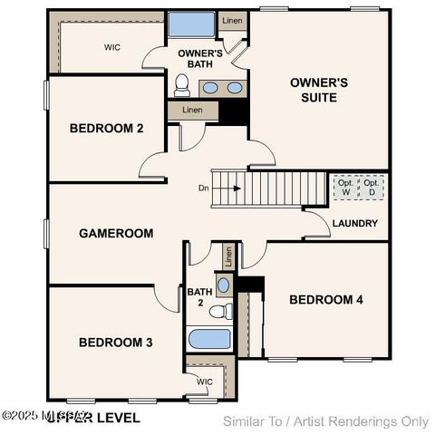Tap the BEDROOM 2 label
106,129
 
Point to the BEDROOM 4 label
326,299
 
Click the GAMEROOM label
116,233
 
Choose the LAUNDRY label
355,223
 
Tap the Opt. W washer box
346,188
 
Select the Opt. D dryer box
372,188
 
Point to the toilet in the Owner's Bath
182,85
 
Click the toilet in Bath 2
219,312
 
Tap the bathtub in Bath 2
210,340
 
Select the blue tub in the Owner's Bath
191,25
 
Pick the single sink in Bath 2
224,285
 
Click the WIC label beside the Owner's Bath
112,47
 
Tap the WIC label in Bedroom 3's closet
205,382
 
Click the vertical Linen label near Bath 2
228,256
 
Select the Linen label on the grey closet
192,110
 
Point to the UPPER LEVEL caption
93,418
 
